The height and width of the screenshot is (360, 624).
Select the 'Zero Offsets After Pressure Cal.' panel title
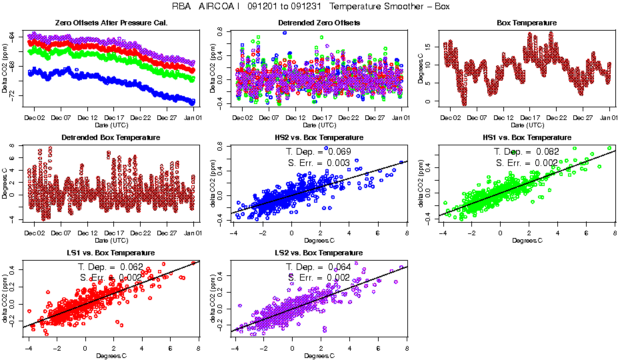click(x=110, y=23)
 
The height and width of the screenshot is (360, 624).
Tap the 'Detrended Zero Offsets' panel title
click(x=319, y=23)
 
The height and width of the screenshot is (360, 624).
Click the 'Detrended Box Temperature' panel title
click(x=110, y=138)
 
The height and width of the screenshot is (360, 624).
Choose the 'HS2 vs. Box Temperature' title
click(x=319, y=138)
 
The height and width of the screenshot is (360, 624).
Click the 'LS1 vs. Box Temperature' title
click(x=110, y=253)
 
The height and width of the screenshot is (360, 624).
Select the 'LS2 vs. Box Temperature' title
click(x=319, y=253)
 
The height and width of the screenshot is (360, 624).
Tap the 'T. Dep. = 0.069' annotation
click(x=318, y=152)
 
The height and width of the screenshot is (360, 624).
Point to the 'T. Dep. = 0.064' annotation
click(x=318, y=267)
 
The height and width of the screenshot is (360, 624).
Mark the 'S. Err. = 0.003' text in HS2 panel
click(x=318, y=163)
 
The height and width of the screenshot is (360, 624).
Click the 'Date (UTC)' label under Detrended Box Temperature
click(x=110, y=241)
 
